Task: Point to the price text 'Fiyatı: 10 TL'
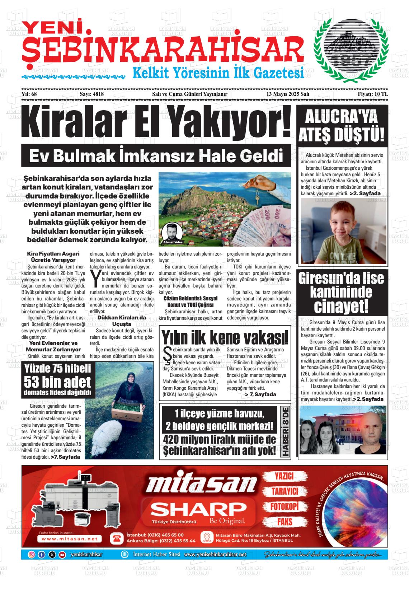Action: [373, 94]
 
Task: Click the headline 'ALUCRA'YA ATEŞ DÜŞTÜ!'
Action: [342, 126]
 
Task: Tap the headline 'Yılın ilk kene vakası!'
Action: [225, 337]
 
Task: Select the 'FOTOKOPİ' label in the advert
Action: [285, 506]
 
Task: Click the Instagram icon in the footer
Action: [32, 555]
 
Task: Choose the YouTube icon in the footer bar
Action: [62, 555]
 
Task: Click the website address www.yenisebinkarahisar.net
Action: [215, 555]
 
